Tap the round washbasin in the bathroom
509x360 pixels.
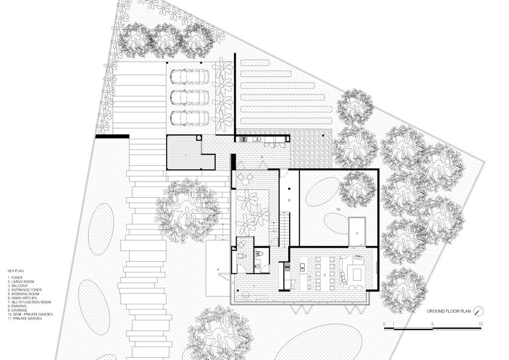pyautogui.click(x=257, y=267)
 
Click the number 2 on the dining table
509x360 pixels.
pyautogui.click(x=324, y=275)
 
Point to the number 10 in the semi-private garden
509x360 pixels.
pyautogui.click(x=338, y=210)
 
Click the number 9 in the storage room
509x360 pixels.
pyautogui.click(x=289, y=200)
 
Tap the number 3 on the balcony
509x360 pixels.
pyautogui.click(x=357, y=233)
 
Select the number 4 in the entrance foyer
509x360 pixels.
pyautogui.click(x=218, y=270)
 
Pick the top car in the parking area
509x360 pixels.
pyautogui.click(x=189, y=76)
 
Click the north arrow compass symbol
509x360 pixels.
pyautogui.click(x=479, y=311)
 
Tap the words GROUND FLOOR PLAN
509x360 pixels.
pyautogui.click(x=448, y=311)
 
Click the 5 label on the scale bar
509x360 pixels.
pyautogui.click(x=432, y=324)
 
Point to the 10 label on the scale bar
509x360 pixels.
pyautogui.click(x=480, y=324)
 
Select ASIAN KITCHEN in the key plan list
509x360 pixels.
pyautogui.click(x=22, y=298)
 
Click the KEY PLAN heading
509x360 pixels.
pyautogui.click(x=15, y=270)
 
